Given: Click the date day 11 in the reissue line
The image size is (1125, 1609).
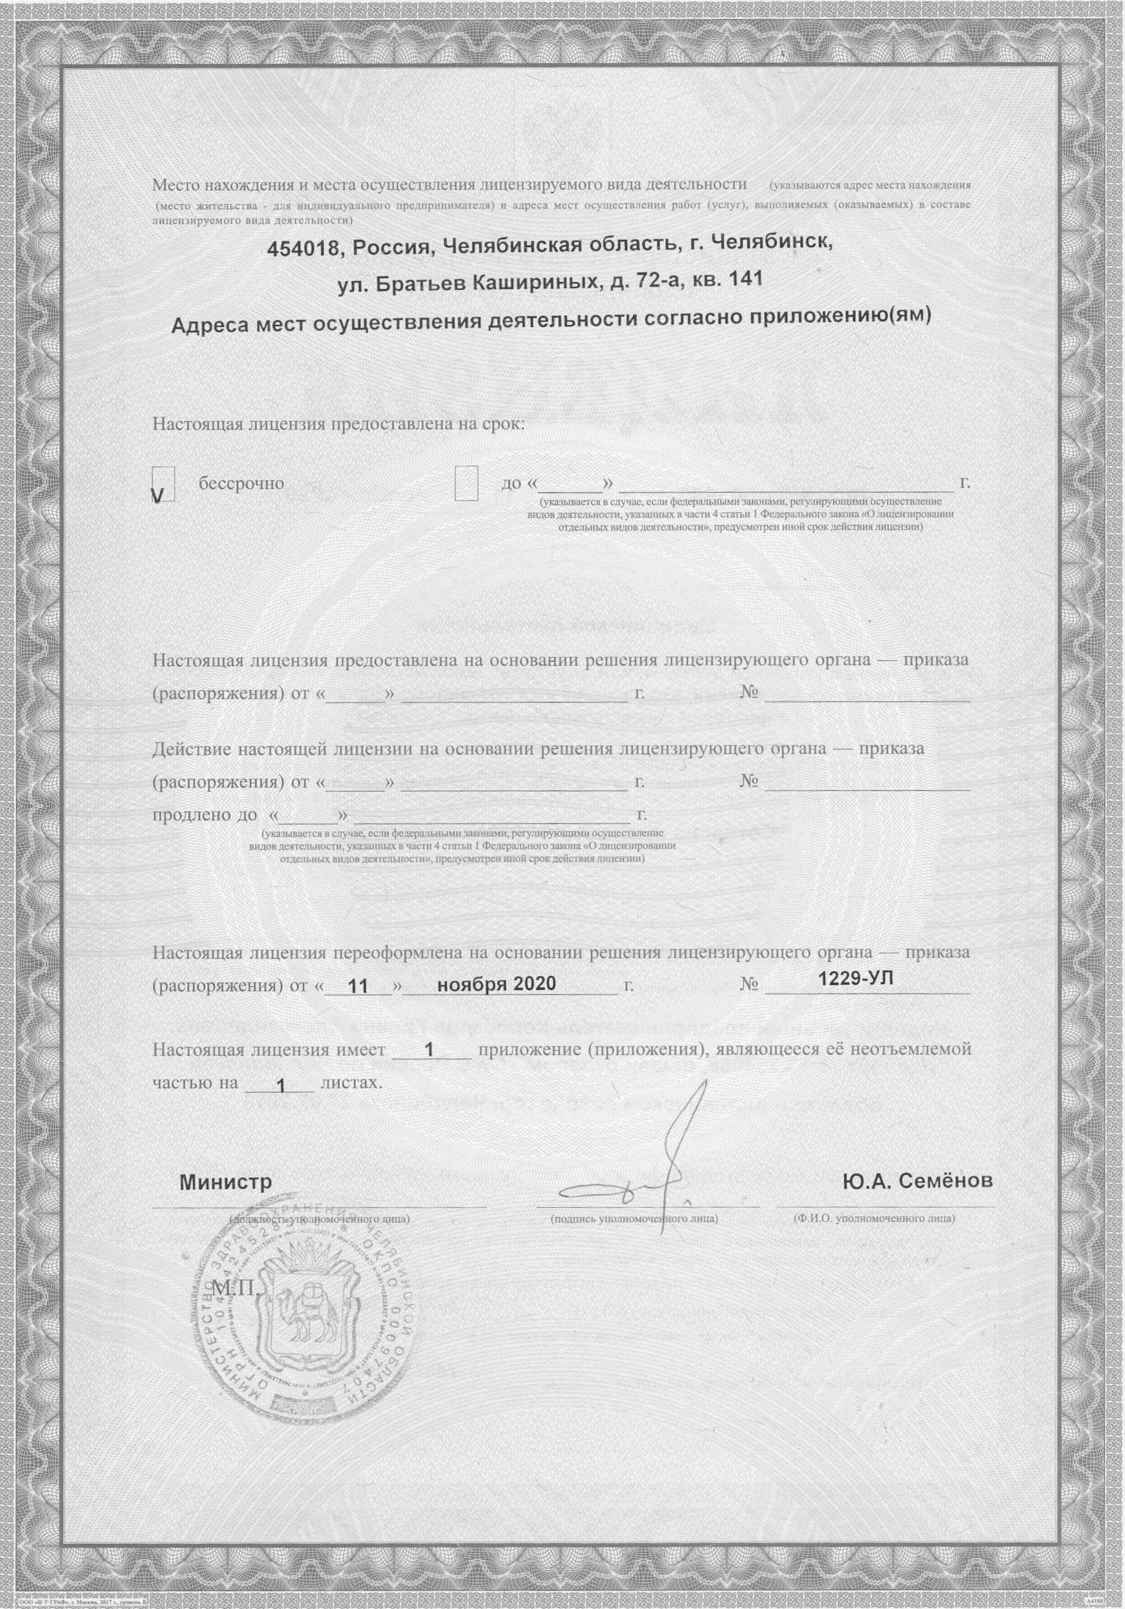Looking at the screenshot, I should point(358,986).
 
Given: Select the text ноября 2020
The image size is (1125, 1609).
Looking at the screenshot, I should point(496,984).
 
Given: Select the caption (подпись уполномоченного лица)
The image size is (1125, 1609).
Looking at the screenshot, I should point(634,1219).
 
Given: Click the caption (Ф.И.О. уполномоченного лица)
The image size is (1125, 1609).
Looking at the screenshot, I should point(874,1219).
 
